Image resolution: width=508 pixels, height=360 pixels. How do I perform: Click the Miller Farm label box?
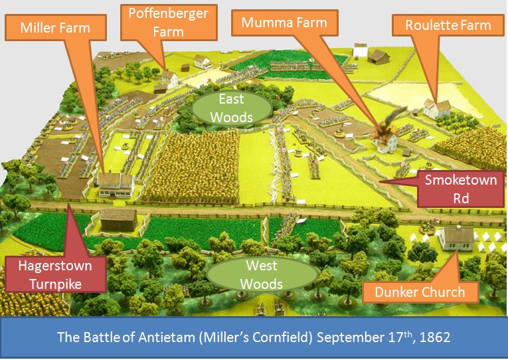pyautogui.click(x=56, y=28)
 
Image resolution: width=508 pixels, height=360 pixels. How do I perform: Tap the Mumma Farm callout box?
pyautogui.click(x=284, y=23)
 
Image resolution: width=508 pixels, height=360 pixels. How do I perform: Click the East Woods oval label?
pyautogui.click(x=232, y=108)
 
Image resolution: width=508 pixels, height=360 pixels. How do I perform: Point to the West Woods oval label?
pyautogui.click(x=261, y=275)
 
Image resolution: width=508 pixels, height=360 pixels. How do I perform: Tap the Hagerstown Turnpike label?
pyautogui.click(x=56, y=274)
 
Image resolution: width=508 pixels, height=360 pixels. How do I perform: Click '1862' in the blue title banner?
pyautogui.click(x=436, y=337)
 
